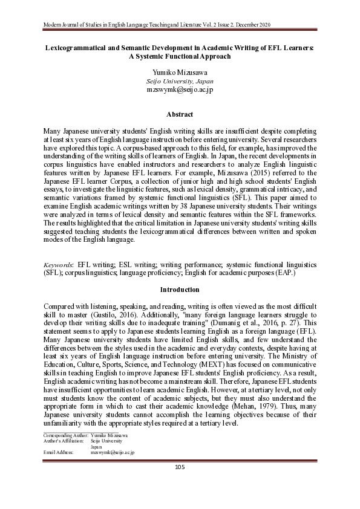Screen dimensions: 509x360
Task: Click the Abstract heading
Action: pyautogui.click(x=180, y=114)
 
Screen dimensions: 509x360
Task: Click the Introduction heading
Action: pyautogui.click(x=180, y=290)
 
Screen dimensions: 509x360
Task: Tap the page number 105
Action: pyautogui.click(x=180, y=466)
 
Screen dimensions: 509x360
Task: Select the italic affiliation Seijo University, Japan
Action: pyautogui.click(x=180, y=80)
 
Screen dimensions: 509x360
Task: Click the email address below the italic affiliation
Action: pyautogui.click(x=180, y=89)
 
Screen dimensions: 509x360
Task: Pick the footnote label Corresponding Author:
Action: pyautogui.click(x=62, y=435)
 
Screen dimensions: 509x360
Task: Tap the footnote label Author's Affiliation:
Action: pyautogui.click(x=62, y=440)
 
